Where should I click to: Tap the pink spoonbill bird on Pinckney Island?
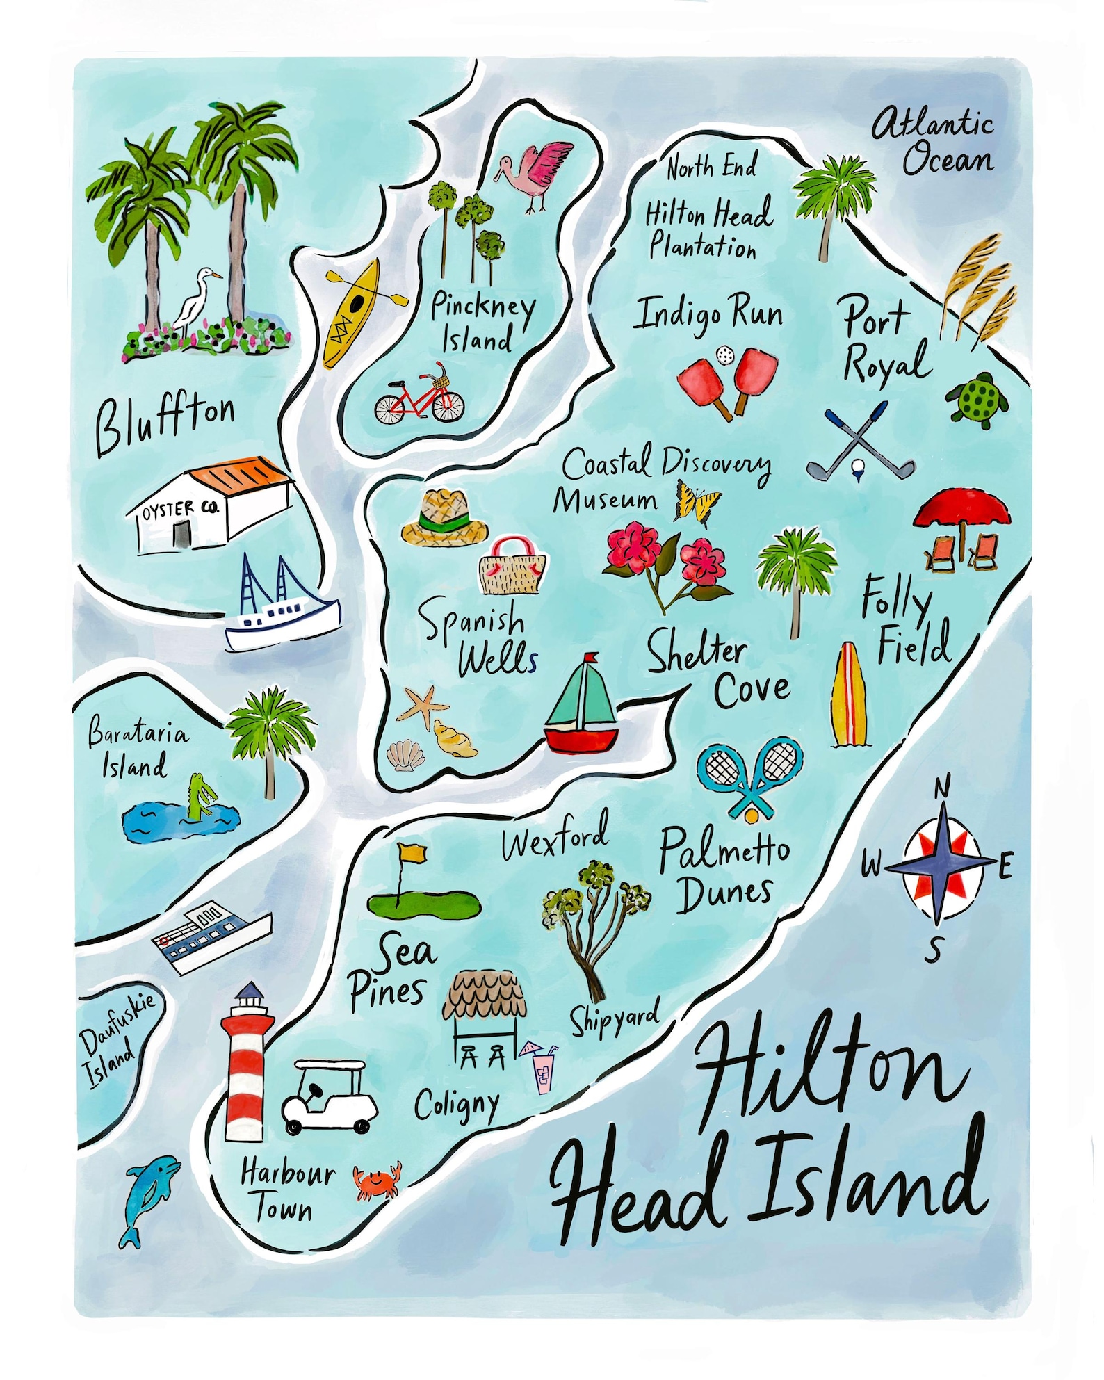pyautogui.click(x=538, y=174)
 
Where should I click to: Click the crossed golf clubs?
pyautogui.click(x=860, y=442)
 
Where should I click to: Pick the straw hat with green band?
pyautogui.click(x=446, y=517)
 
